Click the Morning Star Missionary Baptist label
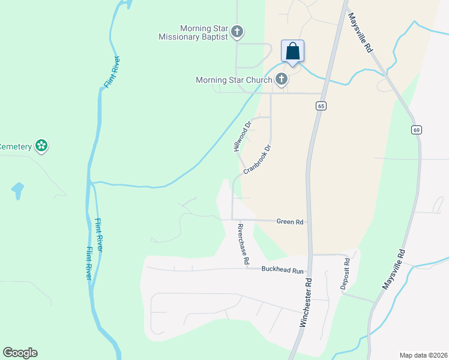coord(193,32)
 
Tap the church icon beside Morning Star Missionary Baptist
coord(237,31)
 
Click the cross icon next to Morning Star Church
coord(281,79)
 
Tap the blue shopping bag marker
coord(292,51)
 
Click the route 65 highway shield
coord(321,106)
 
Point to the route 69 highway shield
coord(415,130)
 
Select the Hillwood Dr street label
coord(241,137)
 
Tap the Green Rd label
coord(290,221)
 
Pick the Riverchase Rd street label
coord(243,245)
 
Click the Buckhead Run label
coord(283,270)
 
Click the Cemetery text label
coord(16,146)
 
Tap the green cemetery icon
coord(41,145)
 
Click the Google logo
coord(20,353)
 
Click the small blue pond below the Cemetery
coord(17,191)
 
